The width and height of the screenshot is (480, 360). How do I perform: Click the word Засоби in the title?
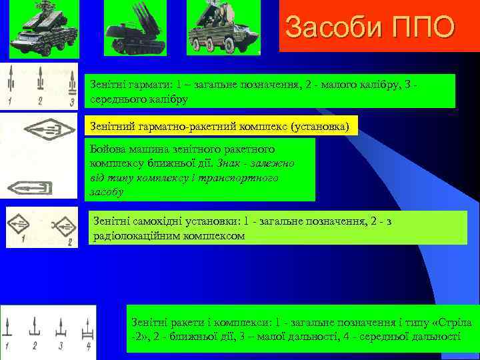click(328, 27)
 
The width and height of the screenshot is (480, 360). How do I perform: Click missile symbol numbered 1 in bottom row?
click(9, 328)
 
